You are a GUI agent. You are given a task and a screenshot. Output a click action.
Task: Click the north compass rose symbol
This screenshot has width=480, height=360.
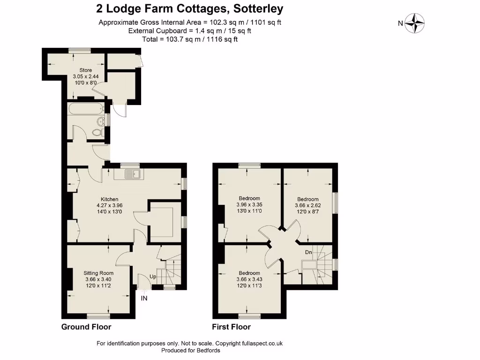coord(414,23)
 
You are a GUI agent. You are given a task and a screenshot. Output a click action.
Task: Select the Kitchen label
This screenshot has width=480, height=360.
coord(109,199)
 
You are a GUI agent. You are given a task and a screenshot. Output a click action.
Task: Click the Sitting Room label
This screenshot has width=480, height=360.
coord(98,273)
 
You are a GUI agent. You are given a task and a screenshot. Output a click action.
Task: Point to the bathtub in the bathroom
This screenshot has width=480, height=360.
coord(86,109)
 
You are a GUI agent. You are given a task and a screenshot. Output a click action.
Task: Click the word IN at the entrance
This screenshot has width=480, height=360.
coord(144,298)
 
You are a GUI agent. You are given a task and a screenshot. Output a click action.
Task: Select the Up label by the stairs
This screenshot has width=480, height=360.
coord(153,277)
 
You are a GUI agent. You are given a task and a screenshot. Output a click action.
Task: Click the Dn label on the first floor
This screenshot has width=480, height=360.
coord(308,252)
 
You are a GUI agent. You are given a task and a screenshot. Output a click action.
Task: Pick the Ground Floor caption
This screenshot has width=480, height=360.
coord(86,327)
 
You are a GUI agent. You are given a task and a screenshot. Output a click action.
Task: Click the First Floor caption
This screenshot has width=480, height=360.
coord(231,327)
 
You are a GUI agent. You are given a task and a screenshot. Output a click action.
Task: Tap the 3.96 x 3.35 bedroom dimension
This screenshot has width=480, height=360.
coord(249,205)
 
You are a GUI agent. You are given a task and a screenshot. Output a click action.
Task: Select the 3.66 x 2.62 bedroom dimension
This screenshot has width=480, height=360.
coord(307,205)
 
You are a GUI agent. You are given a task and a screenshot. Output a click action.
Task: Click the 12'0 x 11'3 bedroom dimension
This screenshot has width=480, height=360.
coord(249,286)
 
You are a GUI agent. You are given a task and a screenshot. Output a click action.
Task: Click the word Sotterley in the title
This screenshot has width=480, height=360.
coord(255,8)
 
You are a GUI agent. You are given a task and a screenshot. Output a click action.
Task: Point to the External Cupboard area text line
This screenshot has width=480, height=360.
coord(189,30)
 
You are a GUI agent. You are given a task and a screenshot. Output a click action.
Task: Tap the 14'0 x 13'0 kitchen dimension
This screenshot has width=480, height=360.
coord(109,212)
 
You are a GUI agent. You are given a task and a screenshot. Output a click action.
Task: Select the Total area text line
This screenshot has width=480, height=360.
coord(189,39)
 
